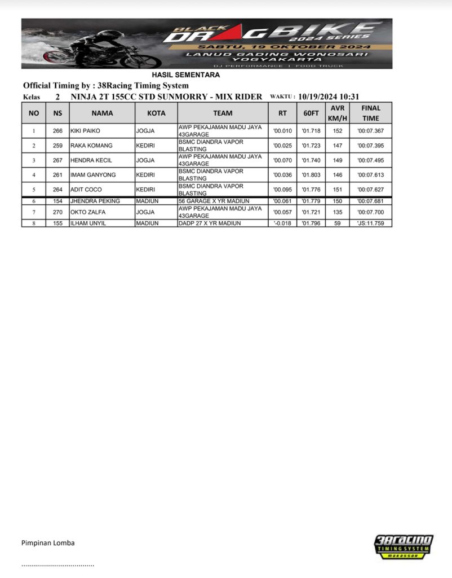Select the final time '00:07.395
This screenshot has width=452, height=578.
[x=370, y=146]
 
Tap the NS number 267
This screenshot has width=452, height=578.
[x=57, y=160]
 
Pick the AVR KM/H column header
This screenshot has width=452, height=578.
[x=338, y=113]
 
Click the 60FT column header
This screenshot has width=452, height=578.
[x=311, y=113]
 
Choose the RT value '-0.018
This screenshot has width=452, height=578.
[x=282, y=224]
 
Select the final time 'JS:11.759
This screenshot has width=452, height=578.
[x=370, y=224]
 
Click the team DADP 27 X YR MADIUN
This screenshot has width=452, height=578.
[x=210, y=224]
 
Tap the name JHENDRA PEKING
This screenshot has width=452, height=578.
[x=92, y=201]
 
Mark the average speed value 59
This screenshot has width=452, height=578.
[x=338, y=224]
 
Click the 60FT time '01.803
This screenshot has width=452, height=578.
[x=311, y=175]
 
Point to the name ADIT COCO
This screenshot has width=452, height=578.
[x=86, y=190]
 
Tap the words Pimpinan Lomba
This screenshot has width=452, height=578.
[x=48, y=543]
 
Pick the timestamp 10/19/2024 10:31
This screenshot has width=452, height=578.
[x=329, y=97]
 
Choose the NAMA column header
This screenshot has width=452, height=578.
[x=102, y=113]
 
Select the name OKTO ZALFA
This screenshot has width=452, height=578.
[x=87, y=212]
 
